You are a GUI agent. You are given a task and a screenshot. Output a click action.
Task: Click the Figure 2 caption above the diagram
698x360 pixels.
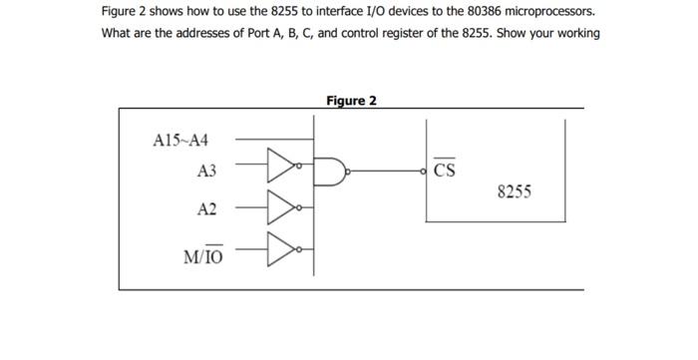pos(351,101)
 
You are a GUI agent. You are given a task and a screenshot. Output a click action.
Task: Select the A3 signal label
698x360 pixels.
pos(206,172)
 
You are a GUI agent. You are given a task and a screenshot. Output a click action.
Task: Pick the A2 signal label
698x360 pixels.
pos(206,208)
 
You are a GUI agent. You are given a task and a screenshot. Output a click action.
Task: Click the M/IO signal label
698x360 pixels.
pos(203,256)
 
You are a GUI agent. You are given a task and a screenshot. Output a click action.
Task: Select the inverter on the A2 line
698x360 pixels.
pos(283,208)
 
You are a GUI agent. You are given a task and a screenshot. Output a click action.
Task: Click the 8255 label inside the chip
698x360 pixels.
pos(514,191)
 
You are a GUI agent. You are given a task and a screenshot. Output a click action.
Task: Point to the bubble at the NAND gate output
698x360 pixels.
pos(350,172)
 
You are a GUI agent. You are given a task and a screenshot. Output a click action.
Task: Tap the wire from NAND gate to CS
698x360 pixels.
pos(389,172)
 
